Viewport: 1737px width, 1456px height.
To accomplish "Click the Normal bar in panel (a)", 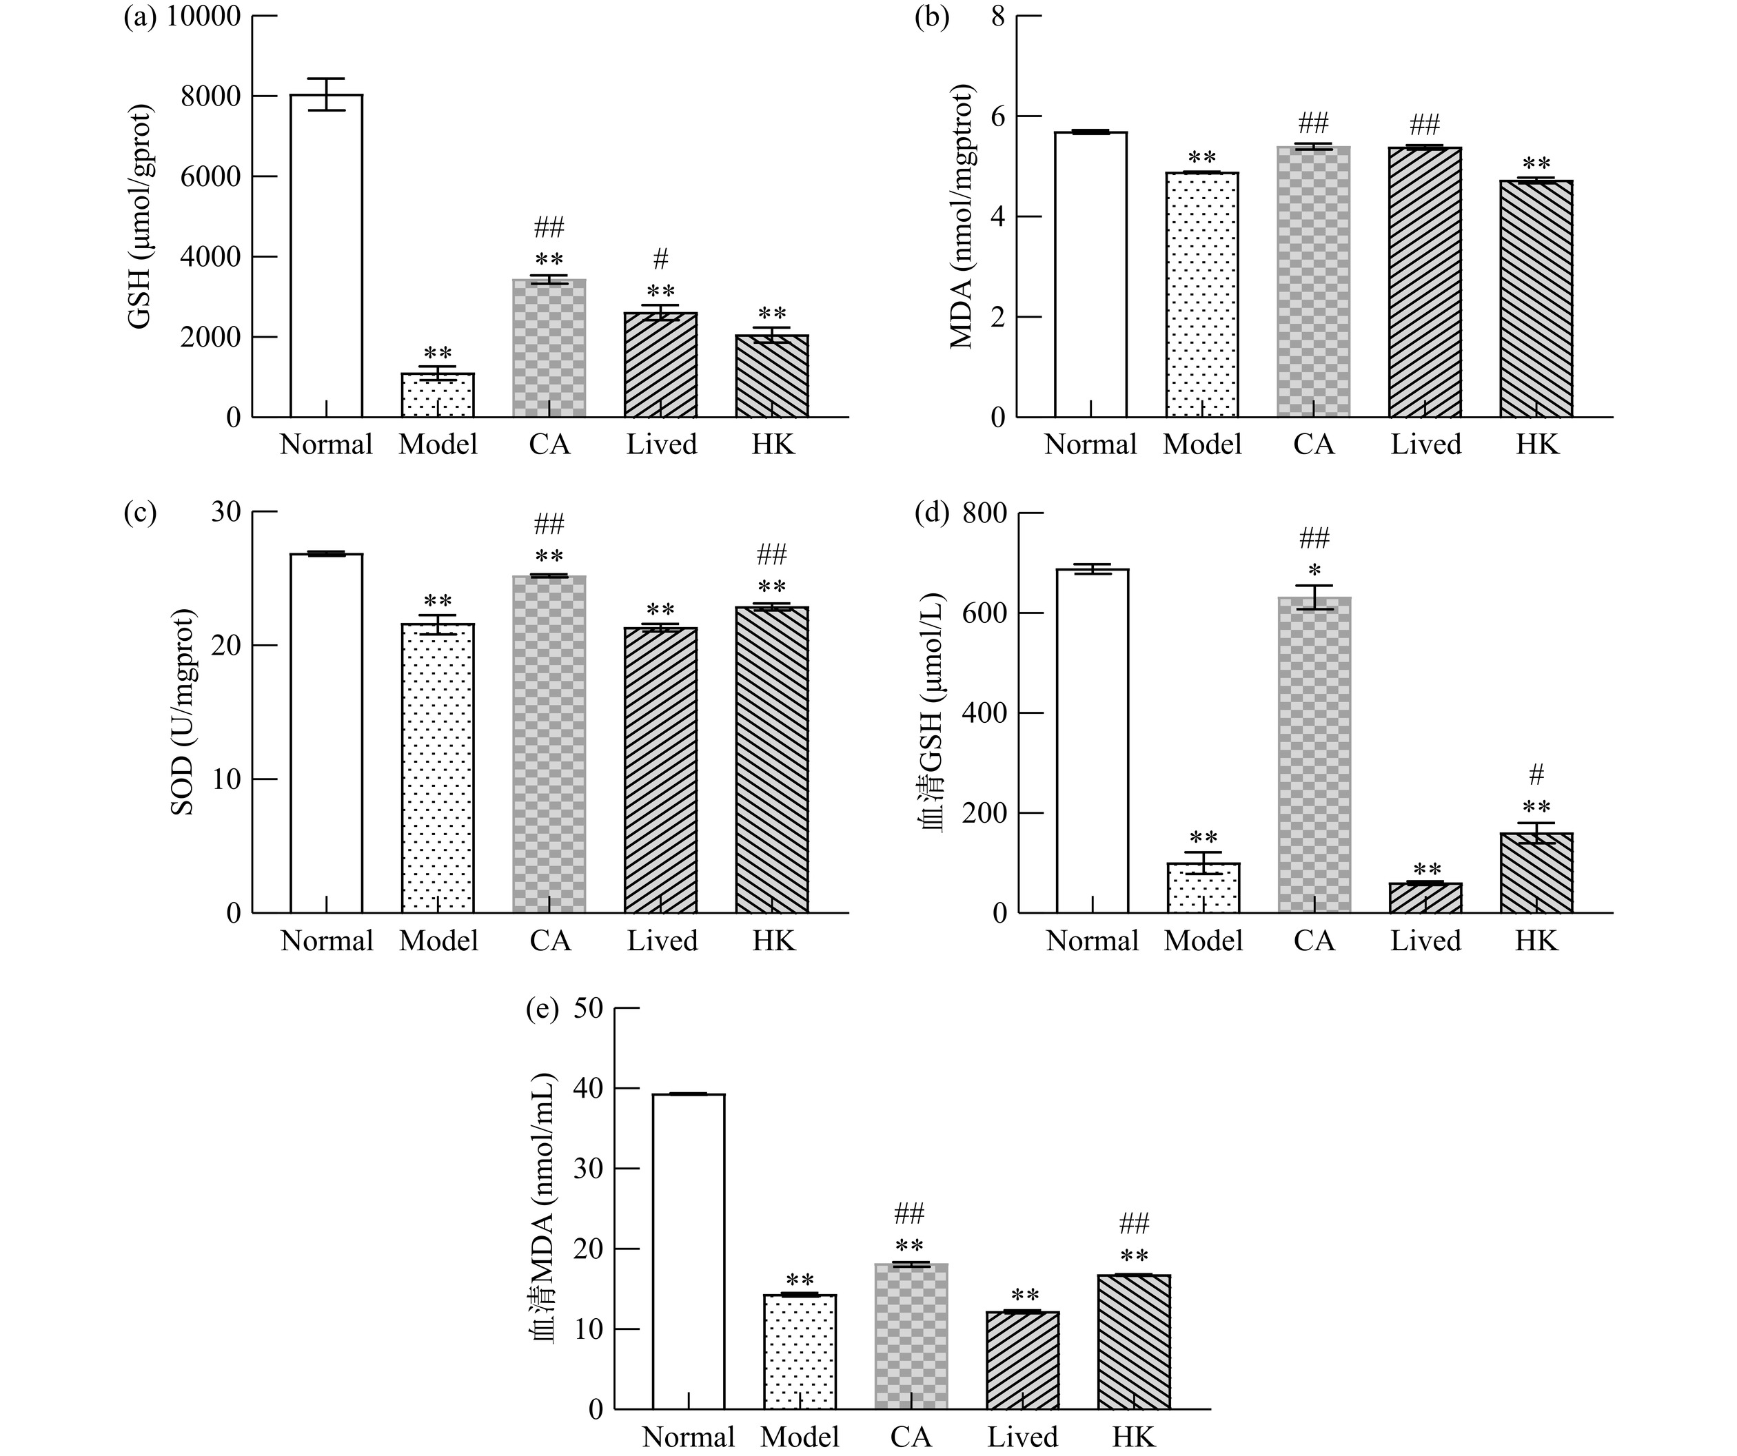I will click(326, 256).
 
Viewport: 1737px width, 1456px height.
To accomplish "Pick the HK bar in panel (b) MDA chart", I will click(1536, 298).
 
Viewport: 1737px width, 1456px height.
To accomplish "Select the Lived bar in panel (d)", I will click(1425, 897).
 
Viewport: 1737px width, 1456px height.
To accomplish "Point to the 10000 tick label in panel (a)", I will click(203, 17).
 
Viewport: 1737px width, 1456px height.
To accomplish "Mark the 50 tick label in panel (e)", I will click(588, 1009).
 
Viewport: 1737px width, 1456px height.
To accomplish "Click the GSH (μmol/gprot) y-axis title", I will click(141, 216).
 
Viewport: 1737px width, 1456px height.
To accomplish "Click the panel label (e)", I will click(542, 1009).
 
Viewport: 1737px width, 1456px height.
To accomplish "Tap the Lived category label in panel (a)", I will click(661, 445).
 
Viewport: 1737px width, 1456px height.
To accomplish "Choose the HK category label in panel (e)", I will click(1133, 1436).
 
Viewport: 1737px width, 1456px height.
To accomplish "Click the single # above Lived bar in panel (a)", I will click(660, 260).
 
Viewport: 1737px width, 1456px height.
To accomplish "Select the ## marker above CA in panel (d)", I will click(1314, 539).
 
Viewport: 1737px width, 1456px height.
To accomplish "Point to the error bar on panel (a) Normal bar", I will click(326, 94).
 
